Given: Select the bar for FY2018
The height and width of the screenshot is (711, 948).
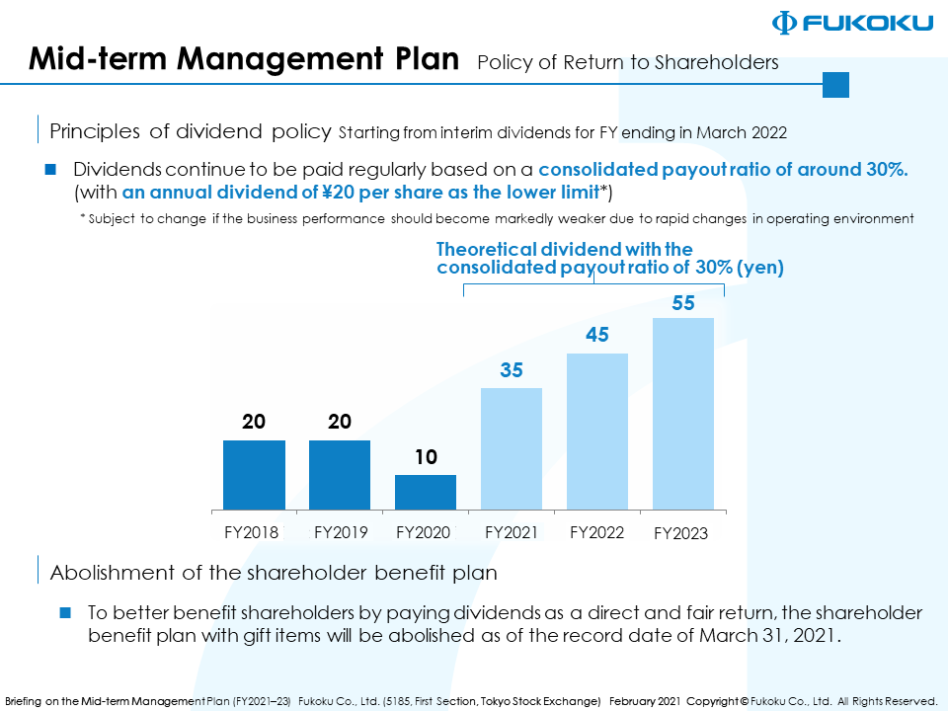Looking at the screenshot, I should click(x=254, y=474).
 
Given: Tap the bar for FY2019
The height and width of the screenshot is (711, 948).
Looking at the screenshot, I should click(x=340, y=474).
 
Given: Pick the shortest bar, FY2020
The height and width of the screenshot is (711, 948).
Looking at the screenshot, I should click(x=426, y=492).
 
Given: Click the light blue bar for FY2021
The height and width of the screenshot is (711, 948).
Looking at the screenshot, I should click(x=512, y=448).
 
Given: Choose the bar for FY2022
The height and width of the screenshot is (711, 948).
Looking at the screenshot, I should click(x=597, y=431).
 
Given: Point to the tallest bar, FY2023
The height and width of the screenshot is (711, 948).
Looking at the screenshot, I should click(x=683, y=413).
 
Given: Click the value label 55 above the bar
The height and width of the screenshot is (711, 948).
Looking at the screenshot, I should click(x=683, y=304).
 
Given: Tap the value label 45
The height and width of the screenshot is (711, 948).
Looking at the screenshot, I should click(x=597, y=336).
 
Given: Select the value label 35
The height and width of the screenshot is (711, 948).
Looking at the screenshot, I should click(x=512, y=371).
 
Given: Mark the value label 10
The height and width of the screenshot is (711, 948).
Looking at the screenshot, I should click(x=426, y=457).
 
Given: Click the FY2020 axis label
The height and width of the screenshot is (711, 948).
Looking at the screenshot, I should click(x=423, y=532).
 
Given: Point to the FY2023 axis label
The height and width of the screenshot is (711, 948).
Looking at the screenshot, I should click(x=681, y=534).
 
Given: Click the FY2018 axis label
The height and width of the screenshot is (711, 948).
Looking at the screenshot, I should click(x=252, y=532).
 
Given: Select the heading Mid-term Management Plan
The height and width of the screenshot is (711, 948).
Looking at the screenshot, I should click(x=244, y=59).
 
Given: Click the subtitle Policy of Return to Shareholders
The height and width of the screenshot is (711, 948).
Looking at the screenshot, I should click(x=627, y=63).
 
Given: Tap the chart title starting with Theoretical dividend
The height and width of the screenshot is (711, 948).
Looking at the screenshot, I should click(x=609, y=259).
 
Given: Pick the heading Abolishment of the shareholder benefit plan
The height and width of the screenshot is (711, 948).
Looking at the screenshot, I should click(x=274, y=572).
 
